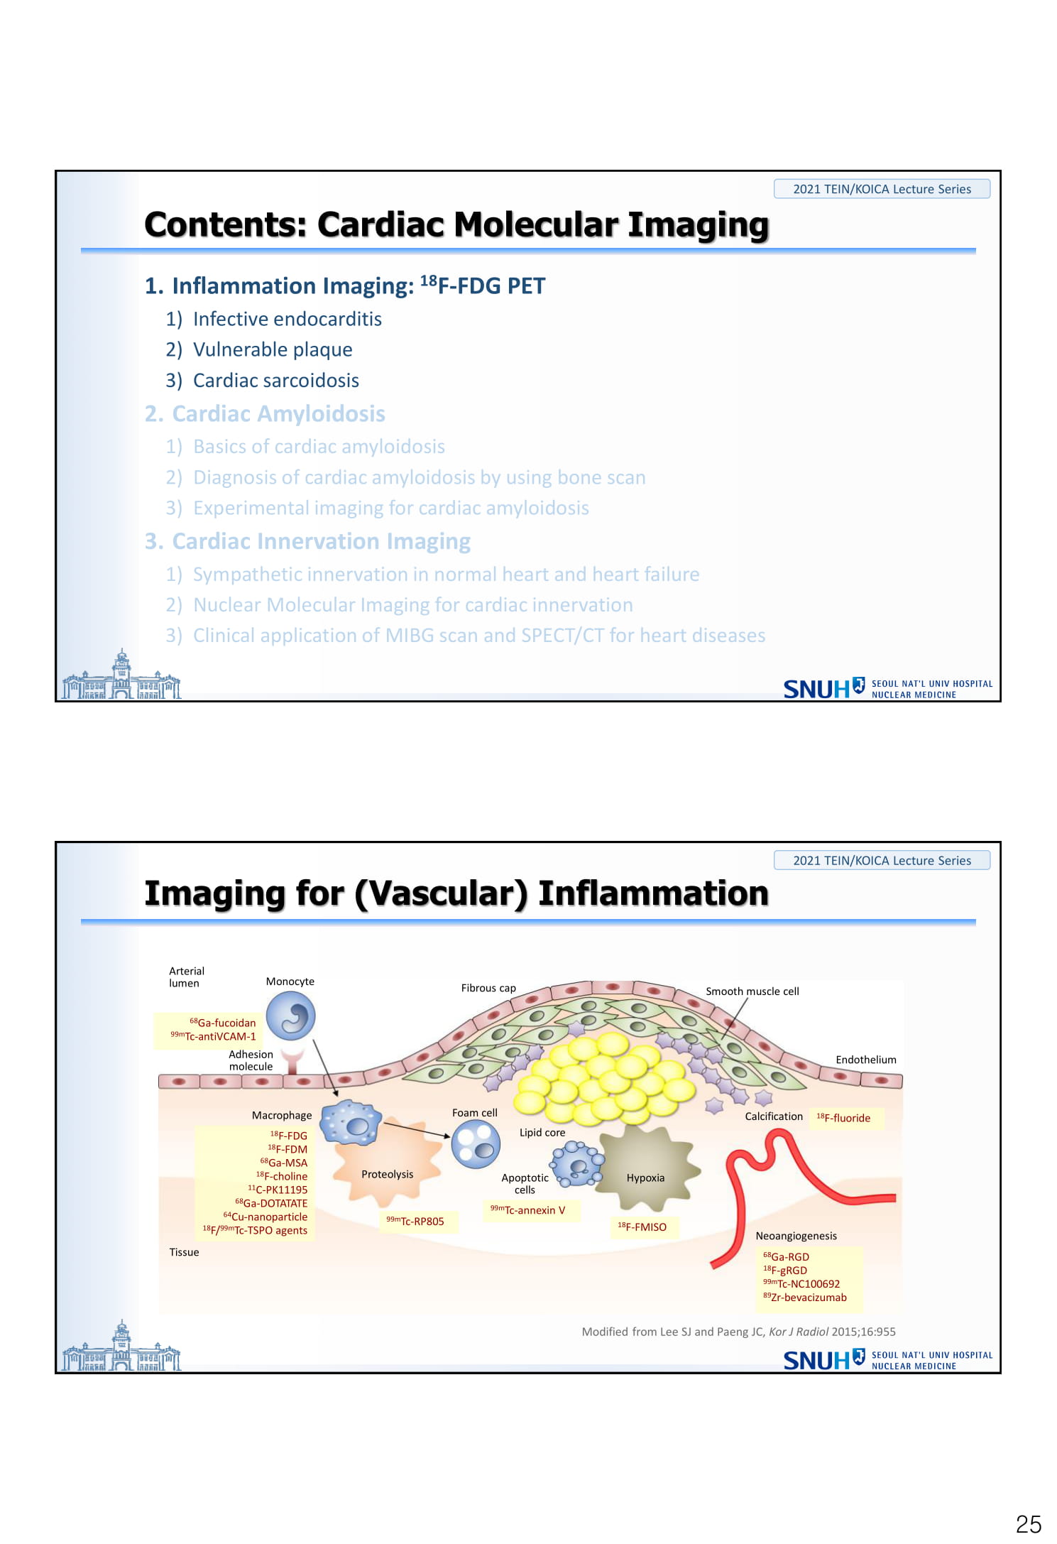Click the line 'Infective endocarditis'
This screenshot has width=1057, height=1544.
273,319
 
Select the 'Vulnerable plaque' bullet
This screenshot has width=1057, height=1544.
259,349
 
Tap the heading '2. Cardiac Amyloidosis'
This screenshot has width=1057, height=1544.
265,413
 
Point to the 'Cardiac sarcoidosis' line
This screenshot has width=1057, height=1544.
263,380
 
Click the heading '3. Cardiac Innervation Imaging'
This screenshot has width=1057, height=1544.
307,541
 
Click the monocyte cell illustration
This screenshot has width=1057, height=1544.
291,1016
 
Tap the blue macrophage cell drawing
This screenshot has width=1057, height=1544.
349,1123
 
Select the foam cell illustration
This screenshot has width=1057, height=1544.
476,1143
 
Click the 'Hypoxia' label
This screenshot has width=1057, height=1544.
645,1178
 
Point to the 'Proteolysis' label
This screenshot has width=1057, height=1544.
387,1174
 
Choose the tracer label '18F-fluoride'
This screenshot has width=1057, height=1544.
843,1117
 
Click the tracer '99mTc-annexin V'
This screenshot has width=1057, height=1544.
527,1209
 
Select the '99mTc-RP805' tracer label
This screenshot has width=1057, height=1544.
415,1221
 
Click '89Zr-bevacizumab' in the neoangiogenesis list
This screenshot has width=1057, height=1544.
805,1297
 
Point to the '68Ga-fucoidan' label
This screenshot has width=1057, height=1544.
222,1022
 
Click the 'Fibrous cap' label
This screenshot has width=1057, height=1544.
488,988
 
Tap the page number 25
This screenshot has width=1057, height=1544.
1028,1524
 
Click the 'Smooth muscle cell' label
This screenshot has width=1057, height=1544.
752,991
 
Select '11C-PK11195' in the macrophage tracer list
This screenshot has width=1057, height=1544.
278,1189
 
